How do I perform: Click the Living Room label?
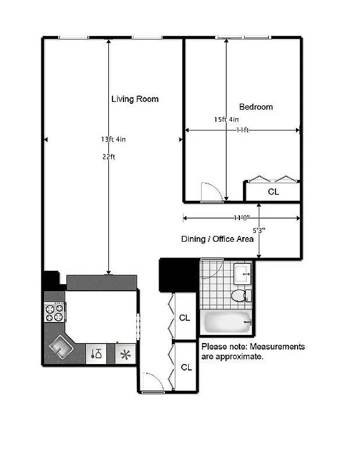(x=135, y=99)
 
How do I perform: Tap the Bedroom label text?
(x=256, y=107)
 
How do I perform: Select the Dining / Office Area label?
(x=217, y=239)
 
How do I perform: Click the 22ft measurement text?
(x=108, y=156)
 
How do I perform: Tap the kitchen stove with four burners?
(x=55, y=313)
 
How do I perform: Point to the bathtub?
(x=228, y=322)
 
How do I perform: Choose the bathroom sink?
(x=242, y=272)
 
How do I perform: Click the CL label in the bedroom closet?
(x=273, y=191)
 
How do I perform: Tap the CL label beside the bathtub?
(x=185, y=318)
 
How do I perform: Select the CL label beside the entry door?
(x=186, y=368)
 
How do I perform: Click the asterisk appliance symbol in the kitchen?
(x=124, y=354)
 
